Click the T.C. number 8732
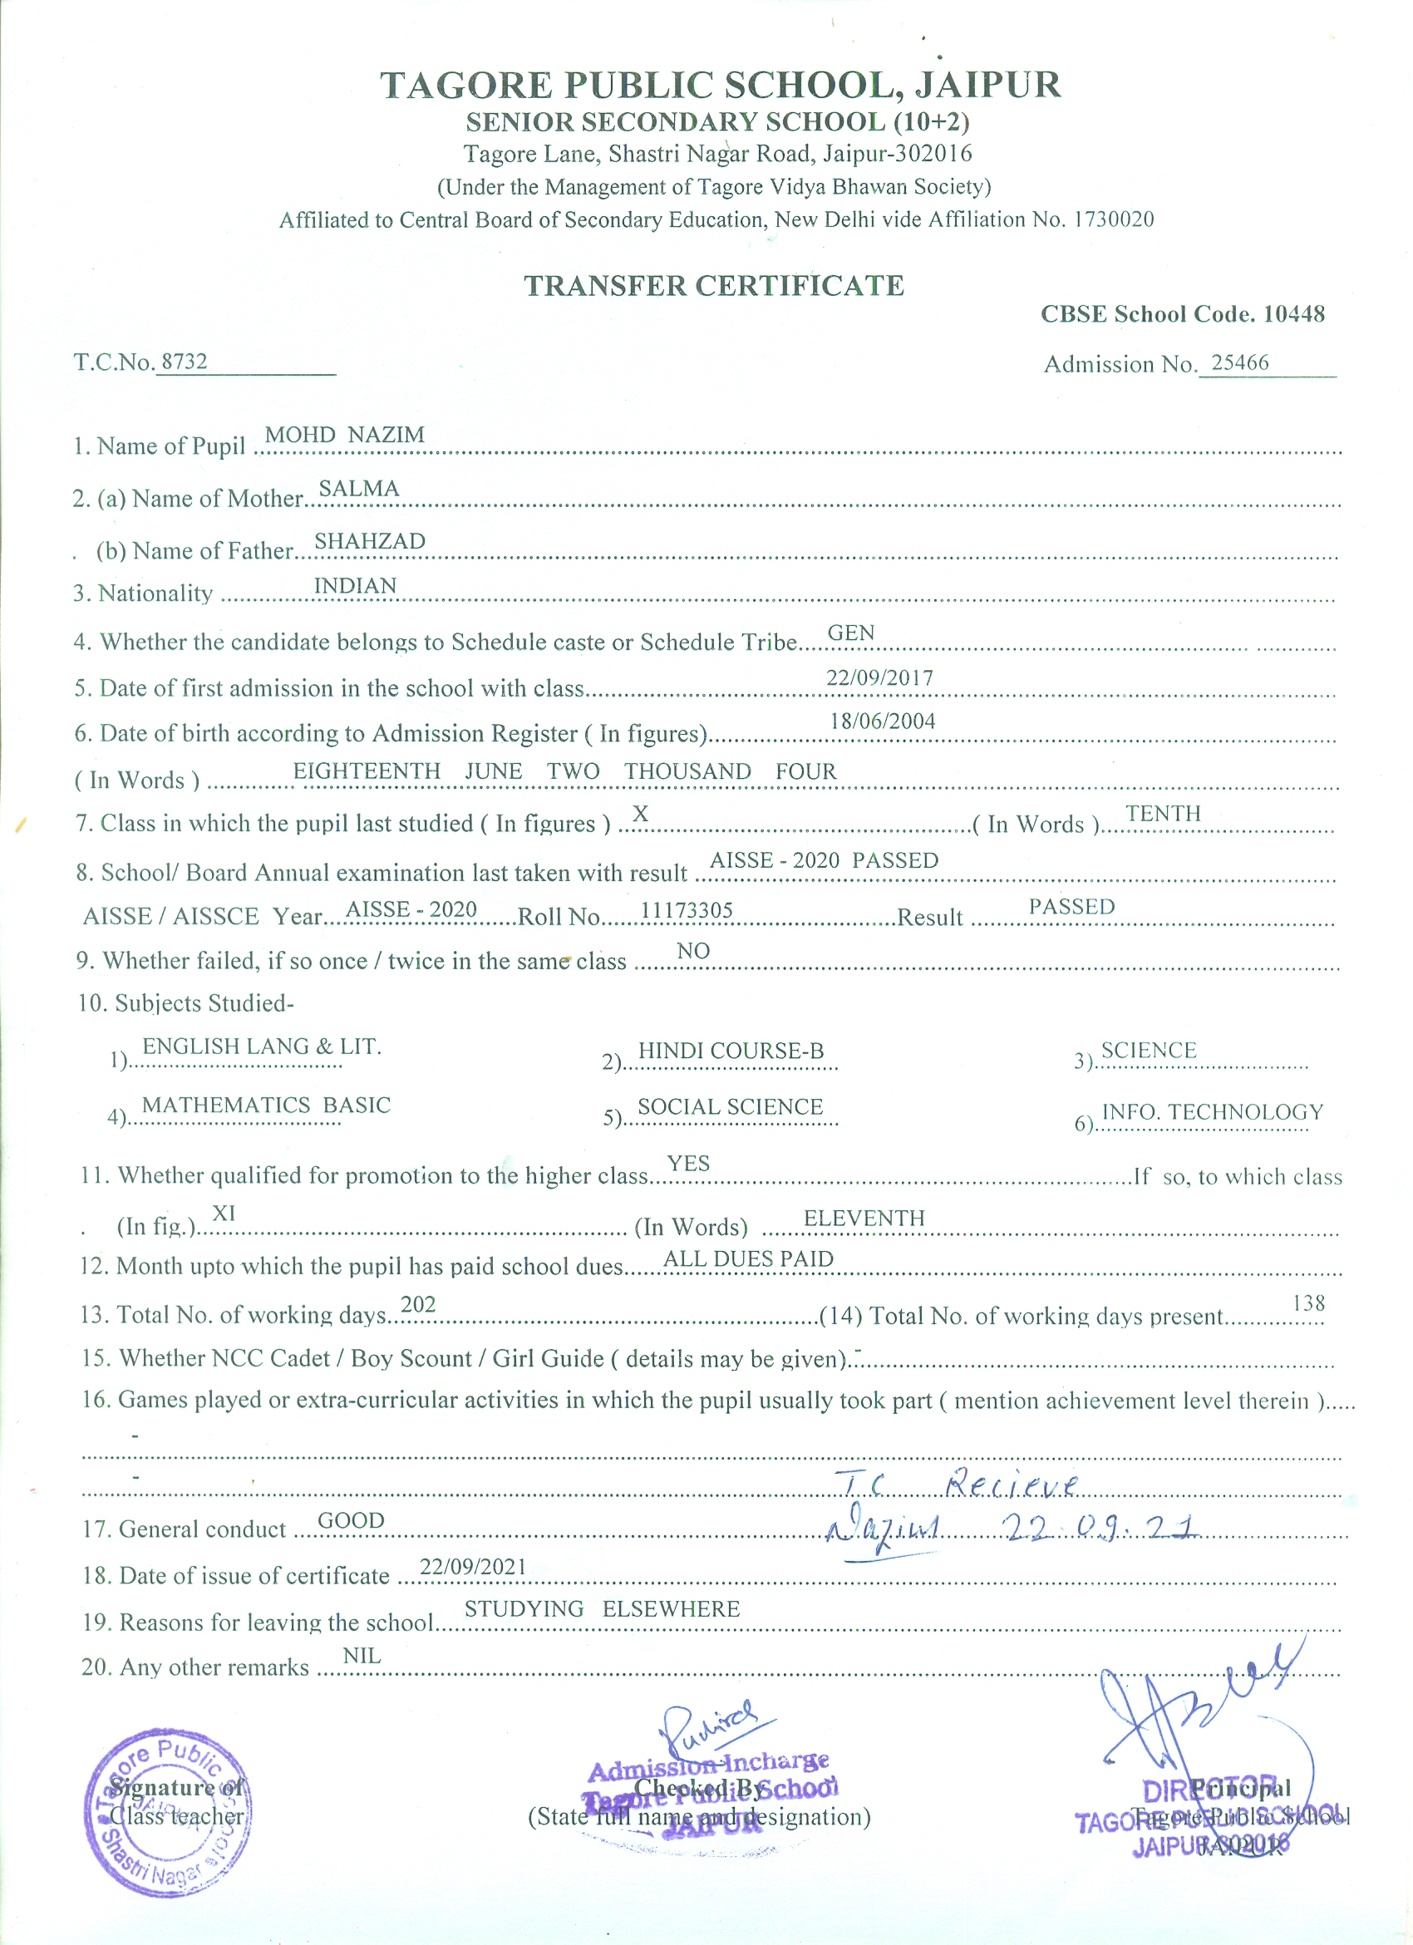pyautogui.click(x=185, y=361)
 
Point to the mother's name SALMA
pyautogui.click(x=358, y=488)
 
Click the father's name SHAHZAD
pyautogui.click(x=370, y=541)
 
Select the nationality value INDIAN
pyautogui.click(x=355, y=586)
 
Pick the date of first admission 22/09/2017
pyautogui.click(x=879, y=677)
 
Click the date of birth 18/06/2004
pyautogui.click(x=881, y=721)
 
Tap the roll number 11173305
pyautogui.click(x=686, y=910)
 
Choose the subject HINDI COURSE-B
pyautogui.click(x=731, y=1051)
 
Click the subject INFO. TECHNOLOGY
pyautogui.click(x=1212, y=1112)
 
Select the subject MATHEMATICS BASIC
pyautogui.click(x=266, y=1105)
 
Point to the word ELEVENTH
pyautogui.click(x=864, y=1218)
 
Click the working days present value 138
pyautogui.click(x=1307, y=1303)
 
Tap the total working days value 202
pyautogui.click(x=417, y=1304)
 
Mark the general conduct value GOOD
pyautogui.click(x=351, y=1520)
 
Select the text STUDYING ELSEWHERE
pyautogui.click(x=601, y=1609)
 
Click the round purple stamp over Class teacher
pyautogui.click(x=168, y=1811)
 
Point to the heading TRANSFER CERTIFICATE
pyautogui.click(x=713, y=286)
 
